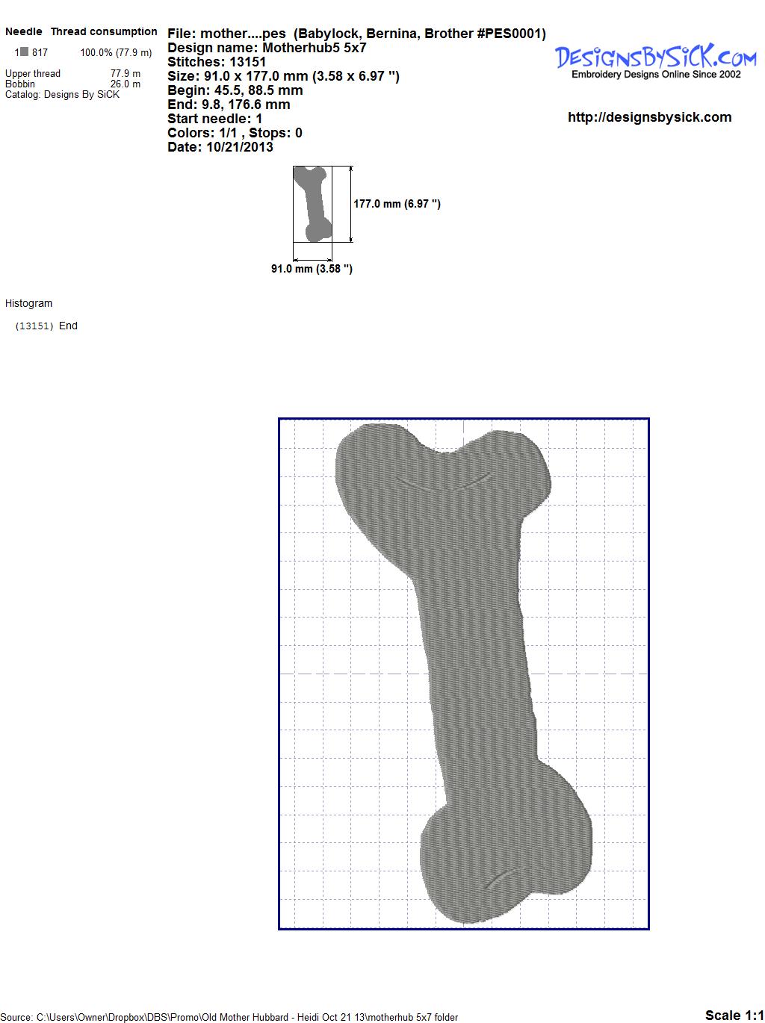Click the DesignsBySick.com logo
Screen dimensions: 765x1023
655,61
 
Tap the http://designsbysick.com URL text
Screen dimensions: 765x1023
649,117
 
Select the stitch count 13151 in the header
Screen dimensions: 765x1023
247,62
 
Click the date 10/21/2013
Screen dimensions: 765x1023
240,147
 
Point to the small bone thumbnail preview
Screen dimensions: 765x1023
312,204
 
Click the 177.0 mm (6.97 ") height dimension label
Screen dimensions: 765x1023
397,204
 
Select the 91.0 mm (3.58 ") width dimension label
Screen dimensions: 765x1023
312,269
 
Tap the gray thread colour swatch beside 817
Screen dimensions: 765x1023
24,52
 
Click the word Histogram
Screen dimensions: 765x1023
28,303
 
